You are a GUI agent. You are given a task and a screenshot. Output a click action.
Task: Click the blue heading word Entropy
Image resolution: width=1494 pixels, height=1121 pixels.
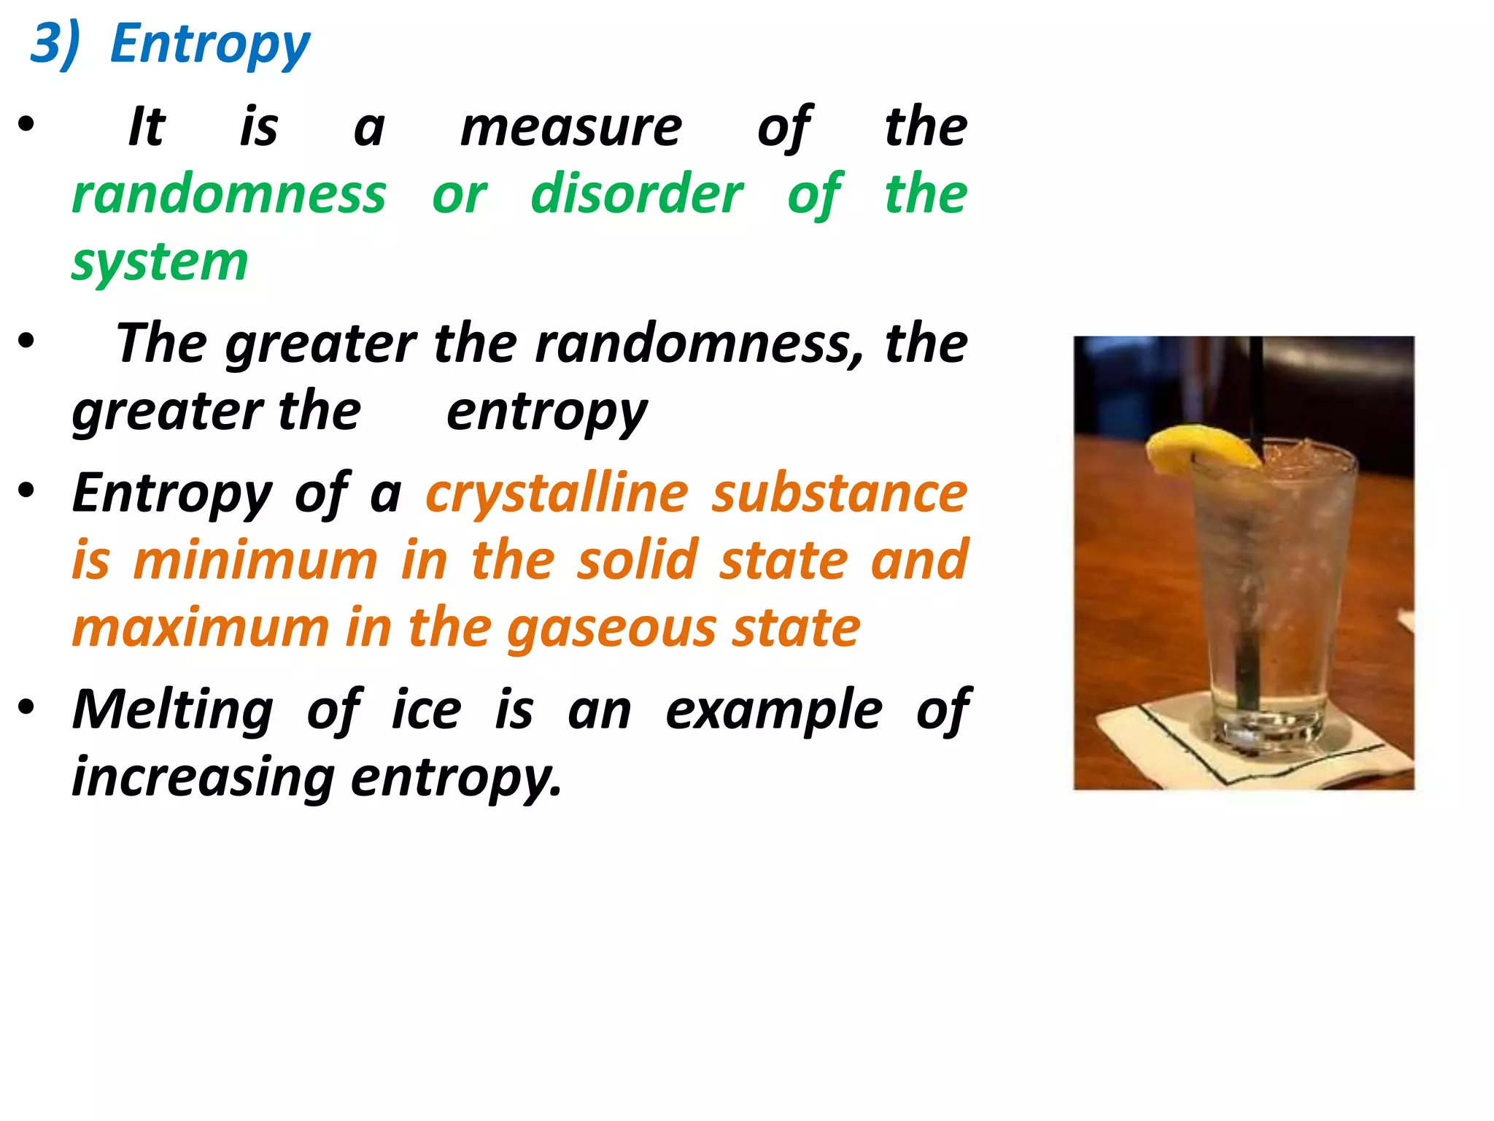(210, 45)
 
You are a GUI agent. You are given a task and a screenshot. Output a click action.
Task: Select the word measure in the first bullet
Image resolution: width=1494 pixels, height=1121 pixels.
(571, 128)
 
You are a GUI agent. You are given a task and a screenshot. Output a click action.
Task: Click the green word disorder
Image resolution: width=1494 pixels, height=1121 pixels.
(637, 194)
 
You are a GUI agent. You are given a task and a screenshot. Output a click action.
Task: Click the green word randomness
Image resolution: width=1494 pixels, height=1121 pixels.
(229, 194)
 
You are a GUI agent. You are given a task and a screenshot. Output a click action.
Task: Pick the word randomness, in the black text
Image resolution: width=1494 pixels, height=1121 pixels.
(699, 343)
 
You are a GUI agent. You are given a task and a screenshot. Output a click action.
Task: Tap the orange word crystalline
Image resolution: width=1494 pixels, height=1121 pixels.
(557, 493)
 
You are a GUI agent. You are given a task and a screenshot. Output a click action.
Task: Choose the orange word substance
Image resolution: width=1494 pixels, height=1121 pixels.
(840, 493)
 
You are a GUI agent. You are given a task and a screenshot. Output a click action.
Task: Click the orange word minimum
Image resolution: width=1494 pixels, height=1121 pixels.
(255, 560)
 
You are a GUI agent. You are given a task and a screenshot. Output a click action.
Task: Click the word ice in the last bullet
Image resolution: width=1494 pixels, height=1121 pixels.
(426, 709)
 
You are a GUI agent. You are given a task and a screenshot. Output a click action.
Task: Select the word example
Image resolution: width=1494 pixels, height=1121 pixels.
(774, 711)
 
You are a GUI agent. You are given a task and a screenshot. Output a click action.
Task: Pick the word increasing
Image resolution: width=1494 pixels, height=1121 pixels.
(203, 777)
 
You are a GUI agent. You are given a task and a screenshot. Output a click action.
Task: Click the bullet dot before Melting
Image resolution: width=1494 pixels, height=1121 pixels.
(27, 707)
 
